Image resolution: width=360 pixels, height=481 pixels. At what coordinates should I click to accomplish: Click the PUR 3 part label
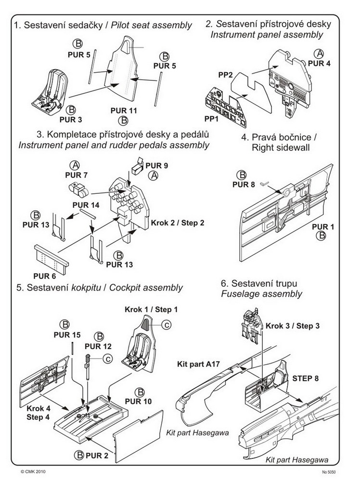tap(71, 118)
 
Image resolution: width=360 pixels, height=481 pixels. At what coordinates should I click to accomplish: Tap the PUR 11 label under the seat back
tap(124, 110)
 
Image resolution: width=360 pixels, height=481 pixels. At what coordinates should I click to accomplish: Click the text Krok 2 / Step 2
tap(178, 224)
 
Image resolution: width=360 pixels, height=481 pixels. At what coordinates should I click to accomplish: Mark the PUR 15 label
tap(70, 334)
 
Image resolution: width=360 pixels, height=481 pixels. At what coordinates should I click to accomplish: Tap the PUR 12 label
tap(98, 346)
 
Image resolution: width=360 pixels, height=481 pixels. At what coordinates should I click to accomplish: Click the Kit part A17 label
tap(198, 365)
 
